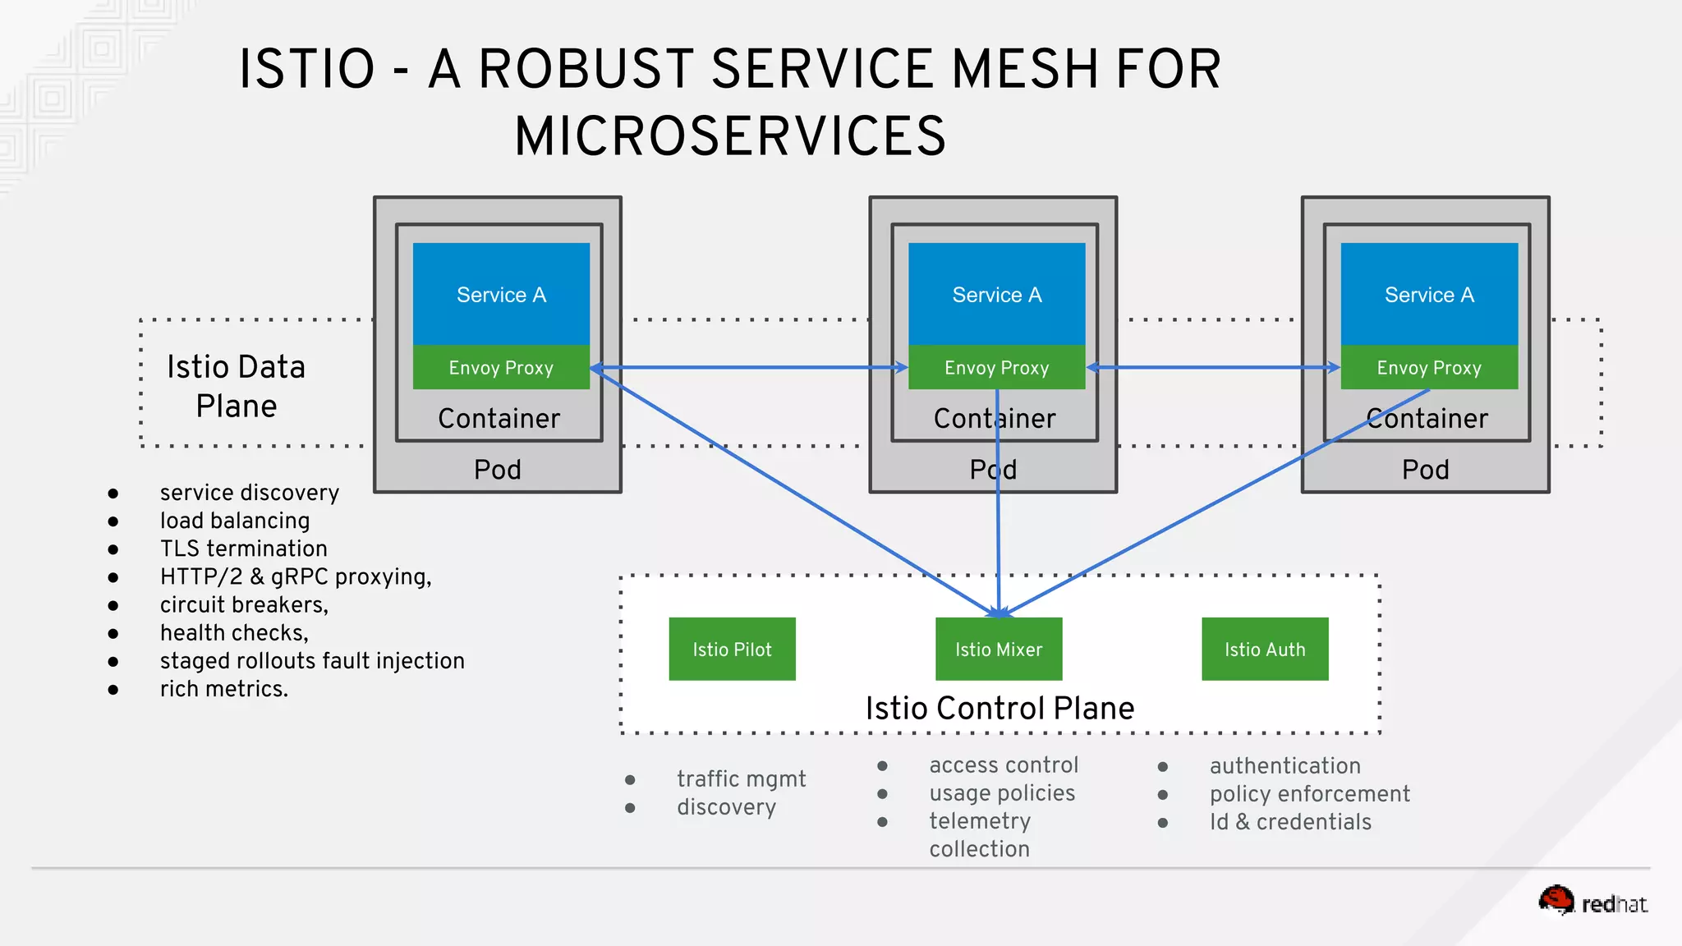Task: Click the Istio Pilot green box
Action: point(732,649)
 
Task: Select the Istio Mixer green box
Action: point(998,649)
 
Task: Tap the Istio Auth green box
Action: point(1264,649)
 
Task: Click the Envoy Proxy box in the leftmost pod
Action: point(501,367)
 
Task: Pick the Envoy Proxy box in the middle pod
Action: point(996,367)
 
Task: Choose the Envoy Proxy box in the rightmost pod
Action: point(1428,367)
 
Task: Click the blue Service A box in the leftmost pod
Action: point(501,294)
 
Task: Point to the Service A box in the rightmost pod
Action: point(1428,294)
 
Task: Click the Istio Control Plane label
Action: point(1000,708)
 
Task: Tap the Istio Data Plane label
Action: point(237,386)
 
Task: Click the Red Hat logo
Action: point(1592,902)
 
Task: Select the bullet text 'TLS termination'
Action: point(243,549)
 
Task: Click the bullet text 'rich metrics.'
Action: point(223,689)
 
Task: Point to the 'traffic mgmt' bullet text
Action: point(741,778)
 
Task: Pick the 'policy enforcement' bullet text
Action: point(1309,794)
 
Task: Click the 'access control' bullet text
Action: point(1003,765)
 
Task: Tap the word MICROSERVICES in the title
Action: point(729,136)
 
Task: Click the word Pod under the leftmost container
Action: point(497,470)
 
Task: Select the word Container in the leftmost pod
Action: point(499,419)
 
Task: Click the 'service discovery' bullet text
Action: point(249,493)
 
